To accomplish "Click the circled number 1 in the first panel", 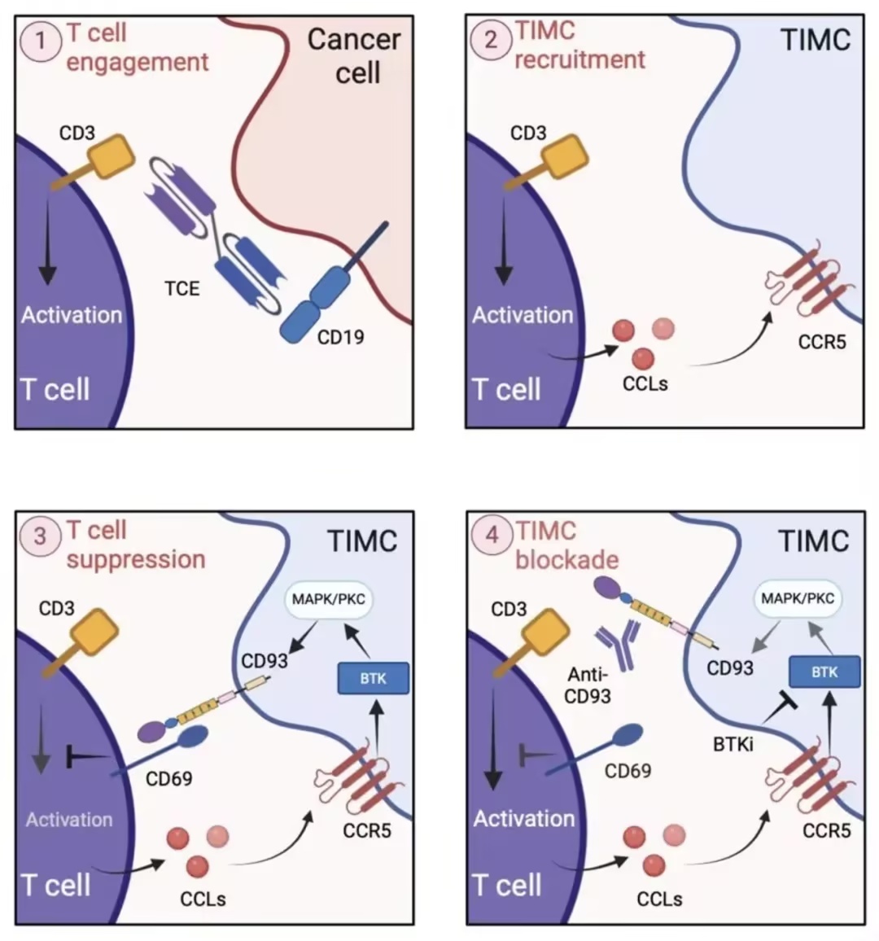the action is tap(41, 41).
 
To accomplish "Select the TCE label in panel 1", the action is tap(181, 289).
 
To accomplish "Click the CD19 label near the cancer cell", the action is tap(340, 337).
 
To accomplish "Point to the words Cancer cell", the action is tap(355, 56).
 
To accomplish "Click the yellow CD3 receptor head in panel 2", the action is tap(565, 156).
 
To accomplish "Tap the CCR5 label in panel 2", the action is tap(821, 342).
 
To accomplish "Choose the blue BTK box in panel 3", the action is tap(374, 678).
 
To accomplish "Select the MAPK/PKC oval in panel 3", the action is tap(328, 600).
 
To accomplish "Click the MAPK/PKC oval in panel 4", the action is tap(798, 598).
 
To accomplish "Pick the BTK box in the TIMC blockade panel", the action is tap(824, 672).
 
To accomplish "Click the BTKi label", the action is tap(733, 745).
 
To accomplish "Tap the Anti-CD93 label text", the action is tap(588, 686).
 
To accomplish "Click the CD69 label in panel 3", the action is tap(168, 779).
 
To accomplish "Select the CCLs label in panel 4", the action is tap(659, 899).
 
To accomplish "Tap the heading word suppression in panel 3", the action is tap(136, 560).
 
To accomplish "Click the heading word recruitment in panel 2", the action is tap(580, 59).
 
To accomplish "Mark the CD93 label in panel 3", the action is tap(265, 661).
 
